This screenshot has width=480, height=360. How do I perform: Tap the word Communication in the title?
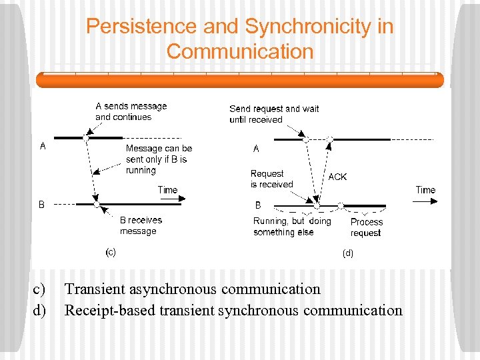click(240, 51)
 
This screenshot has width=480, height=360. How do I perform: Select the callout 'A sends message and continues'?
click(131, 111)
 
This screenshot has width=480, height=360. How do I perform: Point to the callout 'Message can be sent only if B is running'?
click(159, 159)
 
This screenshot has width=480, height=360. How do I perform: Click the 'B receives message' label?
click(140, 225)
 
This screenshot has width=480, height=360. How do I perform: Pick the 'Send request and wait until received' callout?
click(274, 114)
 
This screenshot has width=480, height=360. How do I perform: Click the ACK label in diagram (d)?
click(337, 177)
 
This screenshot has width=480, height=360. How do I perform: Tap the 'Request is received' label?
click(271, 179)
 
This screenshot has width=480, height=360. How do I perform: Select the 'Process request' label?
click(367, 227)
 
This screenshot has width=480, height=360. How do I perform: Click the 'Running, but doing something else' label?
click(291, 227)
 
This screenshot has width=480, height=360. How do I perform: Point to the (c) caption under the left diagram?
click(111, 252)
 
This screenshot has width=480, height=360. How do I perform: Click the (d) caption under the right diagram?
click(347, 253)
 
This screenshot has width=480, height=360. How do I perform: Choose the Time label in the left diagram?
click(167, 190)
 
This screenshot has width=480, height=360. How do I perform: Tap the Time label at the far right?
click(425, 190)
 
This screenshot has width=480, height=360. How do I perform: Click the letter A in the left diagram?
click(43, 147)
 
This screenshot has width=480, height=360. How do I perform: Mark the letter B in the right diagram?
click(258, 205)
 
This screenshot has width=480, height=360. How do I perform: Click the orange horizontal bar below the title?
click(239, 80)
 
